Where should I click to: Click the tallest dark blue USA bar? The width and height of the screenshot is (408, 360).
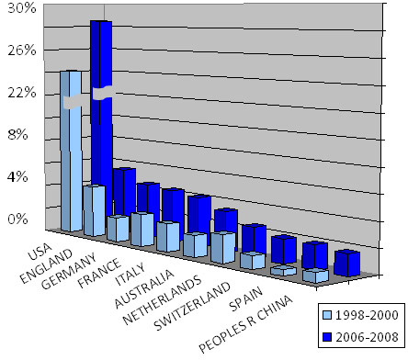(100, 101)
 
